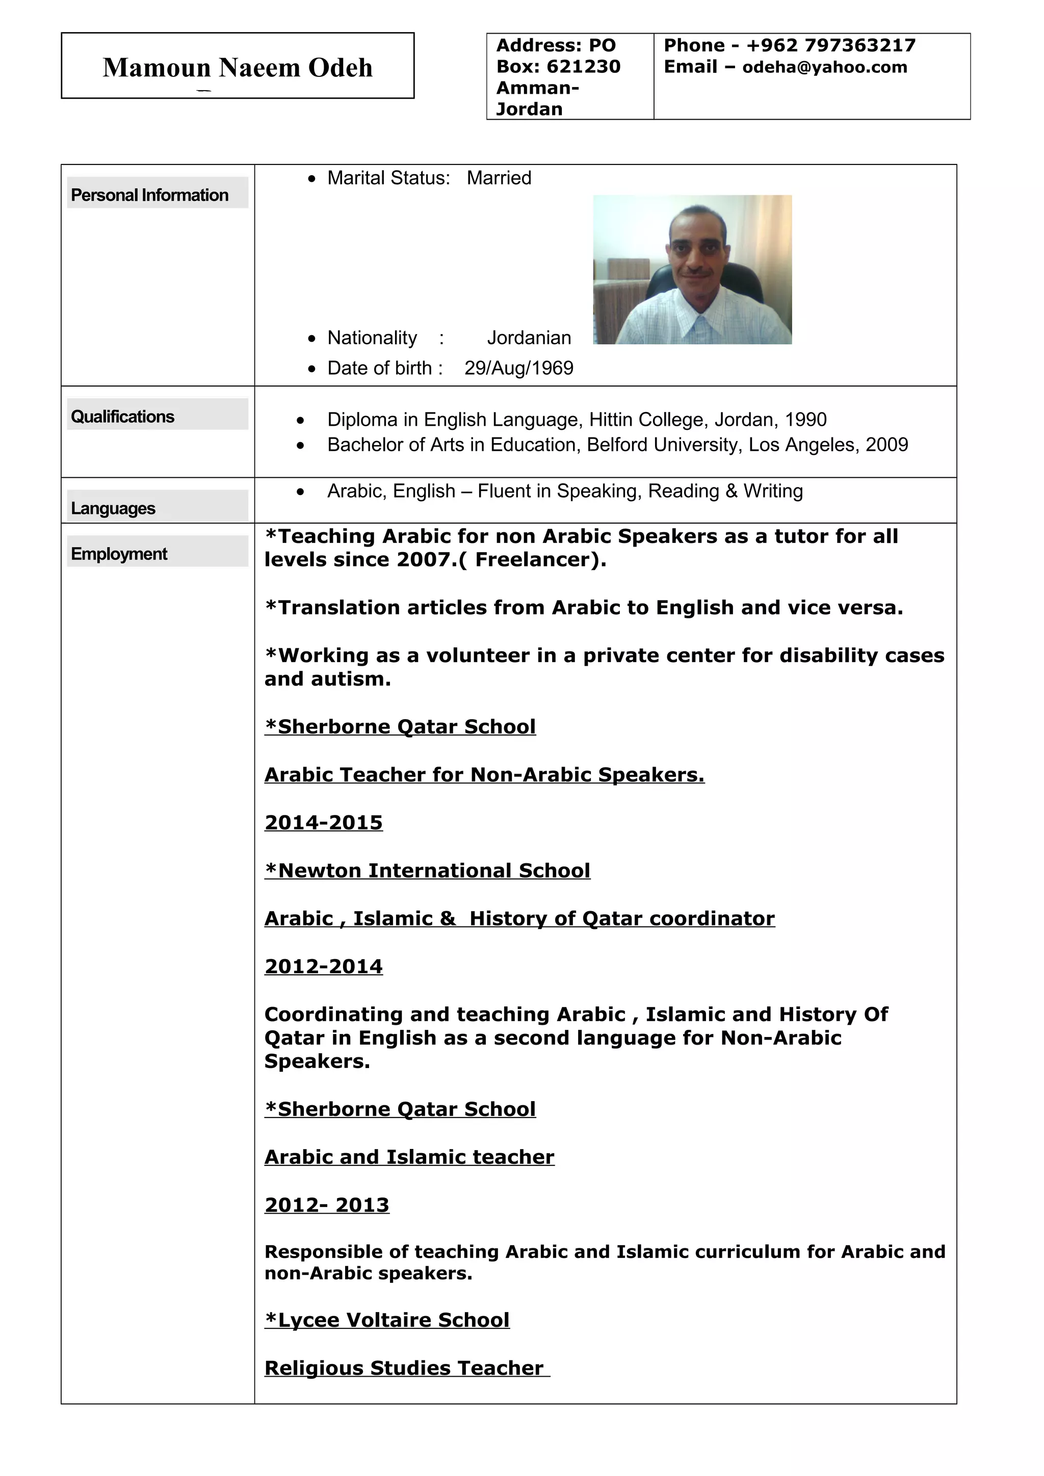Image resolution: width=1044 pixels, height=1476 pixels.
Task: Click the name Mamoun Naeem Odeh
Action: coord(238,68)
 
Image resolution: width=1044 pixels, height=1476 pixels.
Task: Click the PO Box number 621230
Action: coord(584,67)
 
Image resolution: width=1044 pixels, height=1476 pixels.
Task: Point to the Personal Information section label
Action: coord(149,195)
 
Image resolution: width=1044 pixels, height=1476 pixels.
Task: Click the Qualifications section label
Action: coord(122,417)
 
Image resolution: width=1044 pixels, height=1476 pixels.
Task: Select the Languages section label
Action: coord(113,508)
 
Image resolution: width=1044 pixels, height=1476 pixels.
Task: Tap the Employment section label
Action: coord(119,554)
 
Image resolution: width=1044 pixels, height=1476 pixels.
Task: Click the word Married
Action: coord(499,178)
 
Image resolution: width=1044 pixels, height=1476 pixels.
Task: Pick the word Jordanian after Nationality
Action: coord(529,338)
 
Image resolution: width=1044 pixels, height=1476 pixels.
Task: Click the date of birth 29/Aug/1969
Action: coord(518,368)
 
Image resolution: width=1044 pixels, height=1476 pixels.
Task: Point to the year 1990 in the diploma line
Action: coord(805,420)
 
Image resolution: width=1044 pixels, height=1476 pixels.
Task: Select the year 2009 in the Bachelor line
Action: coord(886,445)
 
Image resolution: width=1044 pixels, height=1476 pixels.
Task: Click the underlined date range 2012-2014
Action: coord(324,967)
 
